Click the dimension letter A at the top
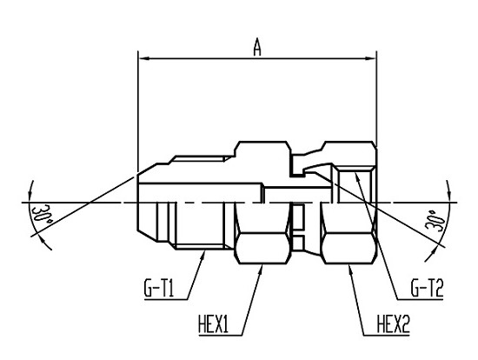(257, 48)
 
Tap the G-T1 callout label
(159, 289)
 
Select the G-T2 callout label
(427, 289)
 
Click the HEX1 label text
(213, 324)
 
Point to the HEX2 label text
(393, 324)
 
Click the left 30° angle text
(42, 218)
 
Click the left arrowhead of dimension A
(144, 58)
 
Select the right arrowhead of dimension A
(370, 58)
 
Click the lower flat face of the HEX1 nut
(262, 263)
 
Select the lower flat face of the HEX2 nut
(349, 263)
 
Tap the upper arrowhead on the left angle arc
(30, 191)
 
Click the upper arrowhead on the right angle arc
(448, 191)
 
